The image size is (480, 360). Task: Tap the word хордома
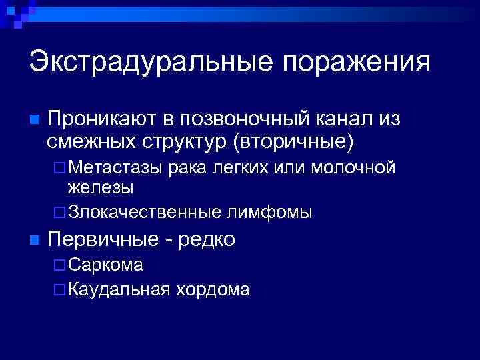tap(213, 289)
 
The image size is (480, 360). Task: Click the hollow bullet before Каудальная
tap(59, 290)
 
